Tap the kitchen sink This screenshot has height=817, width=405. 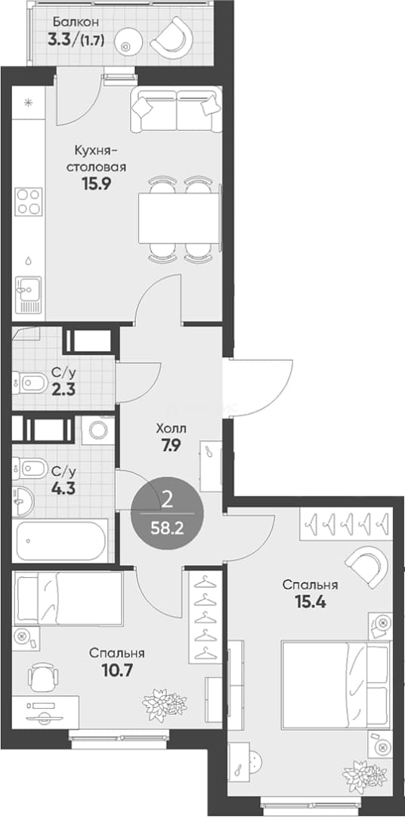[x=28, y=294]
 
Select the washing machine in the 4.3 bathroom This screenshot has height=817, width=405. [x=97, y=430]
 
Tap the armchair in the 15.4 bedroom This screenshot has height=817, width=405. [x=368, y=565]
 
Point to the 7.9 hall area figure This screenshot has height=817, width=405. [x=170, y=446]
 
